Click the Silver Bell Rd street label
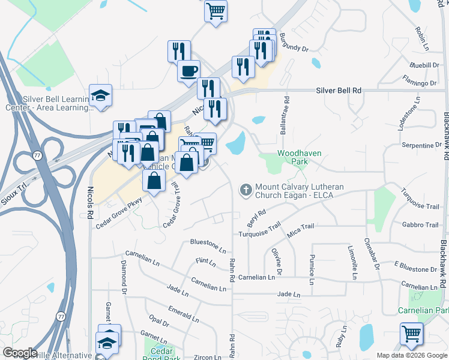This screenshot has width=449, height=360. pos(339,90)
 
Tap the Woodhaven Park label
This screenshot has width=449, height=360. pos(299,158)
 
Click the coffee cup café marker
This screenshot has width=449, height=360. pos(188,71)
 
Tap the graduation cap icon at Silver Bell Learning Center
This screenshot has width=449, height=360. pos(101,95)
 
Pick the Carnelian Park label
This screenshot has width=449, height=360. pos(423,310)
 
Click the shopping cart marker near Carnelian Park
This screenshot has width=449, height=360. pos(411,333)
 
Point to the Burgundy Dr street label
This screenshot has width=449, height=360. pos(294,43)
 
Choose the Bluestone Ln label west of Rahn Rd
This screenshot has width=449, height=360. pos(208,243)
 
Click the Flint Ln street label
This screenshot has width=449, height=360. pos(205,262)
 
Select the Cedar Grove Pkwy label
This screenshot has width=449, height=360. pos(118,213)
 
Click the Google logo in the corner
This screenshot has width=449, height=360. pos(20,353)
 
